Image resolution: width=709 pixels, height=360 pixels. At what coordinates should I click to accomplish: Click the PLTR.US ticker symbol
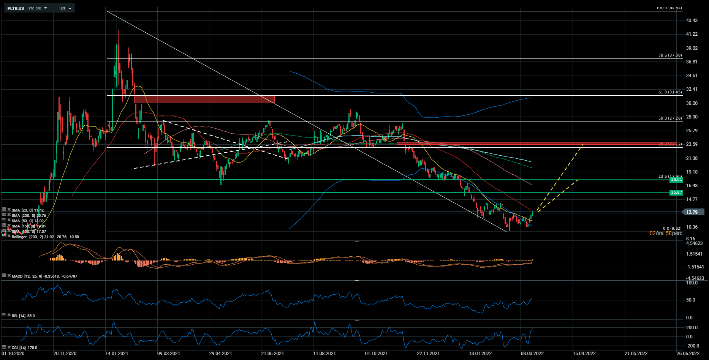click(16, 8)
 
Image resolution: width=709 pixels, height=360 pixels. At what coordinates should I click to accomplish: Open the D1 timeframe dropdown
click(66, 8)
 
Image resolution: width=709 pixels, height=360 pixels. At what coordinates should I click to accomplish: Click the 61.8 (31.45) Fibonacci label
click(670, 92)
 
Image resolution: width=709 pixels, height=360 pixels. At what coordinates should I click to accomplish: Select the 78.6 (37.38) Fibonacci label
click(670, 55)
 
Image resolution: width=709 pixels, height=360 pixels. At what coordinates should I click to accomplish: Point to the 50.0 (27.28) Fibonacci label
click(670, 118)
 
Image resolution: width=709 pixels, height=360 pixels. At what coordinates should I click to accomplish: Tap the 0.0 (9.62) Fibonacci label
click(672, 229)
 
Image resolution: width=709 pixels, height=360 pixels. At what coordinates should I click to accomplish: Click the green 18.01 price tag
click(676, 180)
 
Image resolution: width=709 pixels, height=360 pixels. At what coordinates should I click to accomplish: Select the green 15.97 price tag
click(676, 193)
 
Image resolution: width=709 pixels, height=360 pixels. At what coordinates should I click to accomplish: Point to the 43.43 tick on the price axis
click(692, 21)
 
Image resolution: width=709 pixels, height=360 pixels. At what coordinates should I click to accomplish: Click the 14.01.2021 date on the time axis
click(117, 354)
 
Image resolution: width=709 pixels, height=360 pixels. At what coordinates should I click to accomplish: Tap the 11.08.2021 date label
click(324, 354)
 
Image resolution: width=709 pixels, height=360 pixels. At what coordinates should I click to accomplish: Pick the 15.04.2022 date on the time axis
click(584, 354)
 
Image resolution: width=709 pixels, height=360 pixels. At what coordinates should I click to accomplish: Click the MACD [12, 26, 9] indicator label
click(44, 276)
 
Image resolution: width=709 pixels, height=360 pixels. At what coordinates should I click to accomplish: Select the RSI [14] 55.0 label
click(23, 316)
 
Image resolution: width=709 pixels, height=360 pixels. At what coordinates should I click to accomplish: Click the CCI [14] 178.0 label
click(24, 348)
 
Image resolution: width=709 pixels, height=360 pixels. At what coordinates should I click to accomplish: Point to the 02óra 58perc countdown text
click(666, 234)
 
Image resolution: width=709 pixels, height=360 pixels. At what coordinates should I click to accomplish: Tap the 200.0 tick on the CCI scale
click(692, 328)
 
